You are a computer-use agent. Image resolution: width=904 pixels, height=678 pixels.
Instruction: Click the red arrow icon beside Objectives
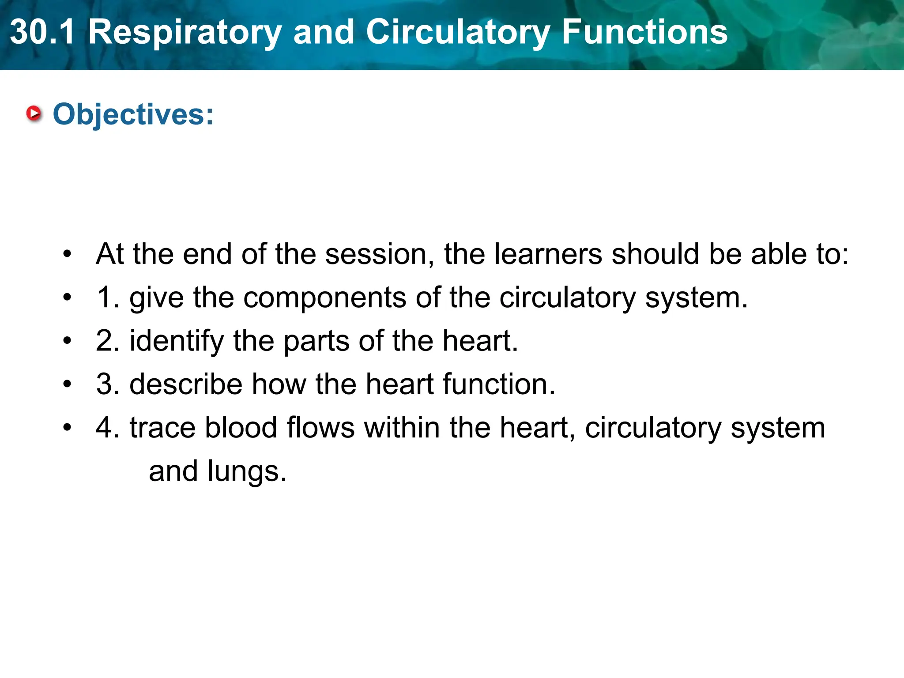(34, 113)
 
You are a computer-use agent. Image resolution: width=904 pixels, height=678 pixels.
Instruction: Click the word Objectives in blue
(133, 114)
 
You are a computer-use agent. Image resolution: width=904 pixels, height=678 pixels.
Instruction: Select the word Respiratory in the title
(185, 33)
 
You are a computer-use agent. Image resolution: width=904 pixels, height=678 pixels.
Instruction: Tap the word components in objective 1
(325, 298)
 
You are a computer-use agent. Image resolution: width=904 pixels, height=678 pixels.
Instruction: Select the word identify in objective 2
(177, 342)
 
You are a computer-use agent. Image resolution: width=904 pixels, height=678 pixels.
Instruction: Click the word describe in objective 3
(186, 384)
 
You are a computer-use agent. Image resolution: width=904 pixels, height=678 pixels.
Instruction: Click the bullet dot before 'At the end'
(67, 254)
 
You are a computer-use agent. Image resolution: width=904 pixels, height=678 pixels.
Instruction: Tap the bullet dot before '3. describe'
(67, 384)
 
